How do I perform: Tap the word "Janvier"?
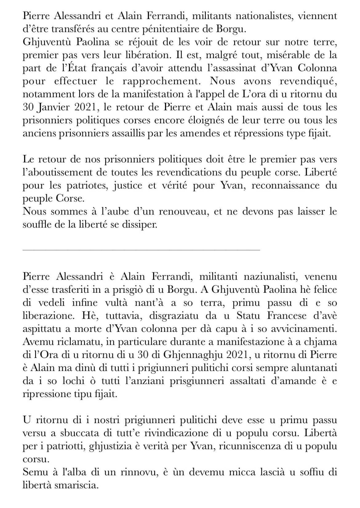pos(54,108)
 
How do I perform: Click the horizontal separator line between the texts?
pos(142,250)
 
